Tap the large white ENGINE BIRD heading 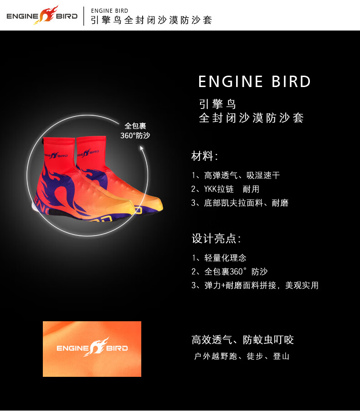254,82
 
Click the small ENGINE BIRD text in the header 110,10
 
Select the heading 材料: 205,156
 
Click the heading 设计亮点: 216,238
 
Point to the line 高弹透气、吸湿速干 236,175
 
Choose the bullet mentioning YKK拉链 225,189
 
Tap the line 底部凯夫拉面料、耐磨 240,203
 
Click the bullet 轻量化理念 219,258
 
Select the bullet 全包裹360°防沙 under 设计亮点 229,272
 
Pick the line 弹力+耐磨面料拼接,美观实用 255,285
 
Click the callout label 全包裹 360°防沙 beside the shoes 135,131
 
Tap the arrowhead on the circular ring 142,148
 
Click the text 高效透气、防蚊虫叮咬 242,340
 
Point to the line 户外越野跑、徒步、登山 242,356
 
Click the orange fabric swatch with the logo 92,349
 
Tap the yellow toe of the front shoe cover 150,203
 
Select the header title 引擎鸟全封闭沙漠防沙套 152,21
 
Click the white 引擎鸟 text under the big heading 217,104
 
